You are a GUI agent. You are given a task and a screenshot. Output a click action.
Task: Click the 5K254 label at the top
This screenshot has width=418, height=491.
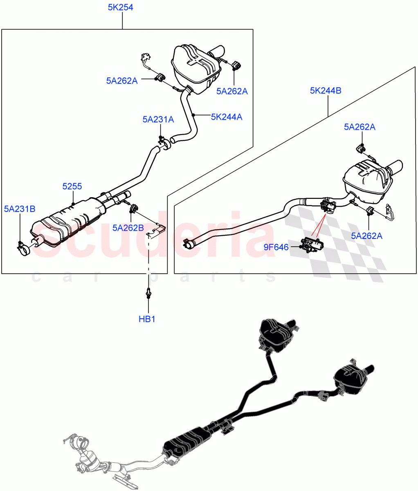point(120,7)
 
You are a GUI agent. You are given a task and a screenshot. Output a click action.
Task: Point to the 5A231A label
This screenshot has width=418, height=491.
point(158,119)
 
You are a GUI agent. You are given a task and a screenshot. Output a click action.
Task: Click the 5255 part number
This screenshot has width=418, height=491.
point(72,187)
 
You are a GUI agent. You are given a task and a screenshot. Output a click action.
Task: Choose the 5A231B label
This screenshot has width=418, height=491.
point(20,209)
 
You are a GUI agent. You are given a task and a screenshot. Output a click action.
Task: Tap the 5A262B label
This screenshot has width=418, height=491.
point(128,228)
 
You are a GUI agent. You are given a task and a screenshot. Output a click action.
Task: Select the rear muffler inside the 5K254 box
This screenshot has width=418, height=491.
point(195,68)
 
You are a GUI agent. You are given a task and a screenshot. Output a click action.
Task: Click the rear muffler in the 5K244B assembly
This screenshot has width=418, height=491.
point(366,180)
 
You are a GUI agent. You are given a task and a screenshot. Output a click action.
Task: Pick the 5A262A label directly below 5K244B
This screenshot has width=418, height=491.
point(360,127)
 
